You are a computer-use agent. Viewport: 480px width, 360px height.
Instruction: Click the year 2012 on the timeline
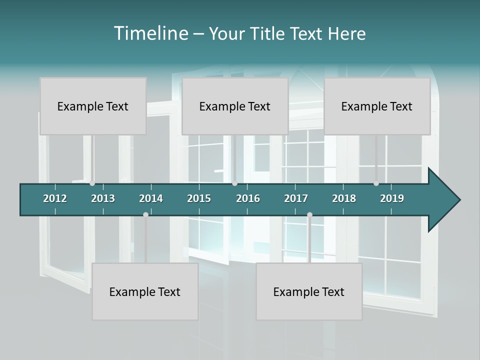(55, 198)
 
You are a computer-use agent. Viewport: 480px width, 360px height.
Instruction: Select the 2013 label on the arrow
(103, 198)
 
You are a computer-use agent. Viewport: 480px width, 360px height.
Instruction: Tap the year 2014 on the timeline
(151, 198)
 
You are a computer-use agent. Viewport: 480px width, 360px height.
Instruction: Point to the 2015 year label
(199, 198)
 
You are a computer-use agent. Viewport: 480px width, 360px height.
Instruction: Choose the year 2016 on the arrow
(248, 198)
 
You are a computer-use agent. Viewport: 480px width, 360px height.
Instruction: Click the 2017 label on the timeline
(296, 198)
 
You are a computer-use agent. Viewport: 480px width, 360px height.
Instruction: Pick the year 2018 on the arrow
(344, 198)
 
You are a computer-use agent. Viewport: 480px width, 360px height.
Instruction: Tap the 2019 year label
(392, 198)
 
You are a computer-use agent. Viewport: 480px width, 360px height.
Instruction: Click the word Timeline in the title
(150, 33)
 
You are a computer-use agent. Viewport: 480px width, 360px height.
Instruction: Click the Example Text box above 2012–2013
(93, 106)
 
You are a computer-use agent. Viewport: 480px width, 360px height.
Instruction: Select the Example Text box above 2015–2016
(235, 106)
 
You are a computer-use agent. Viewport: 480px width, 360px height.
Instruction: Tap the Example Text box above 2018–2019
(377, 106)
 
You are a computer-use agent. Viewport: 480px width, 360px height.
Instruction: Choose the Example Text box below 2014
(145, 291)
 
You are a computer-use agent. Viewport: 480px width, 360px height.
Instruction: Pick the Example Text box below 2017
(309, 291)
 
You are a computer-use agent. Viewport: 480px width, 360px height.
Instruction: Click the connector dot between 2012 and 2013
(92, 183)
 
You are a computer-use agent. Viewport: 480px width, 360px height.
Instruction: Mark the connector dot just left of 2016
(235, 183)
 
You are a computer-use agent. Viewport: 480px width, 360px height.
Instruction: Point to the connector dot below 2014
(145, 214)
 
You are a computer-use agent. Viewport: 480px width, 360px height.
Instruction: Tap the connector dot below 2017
(309, 214)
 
